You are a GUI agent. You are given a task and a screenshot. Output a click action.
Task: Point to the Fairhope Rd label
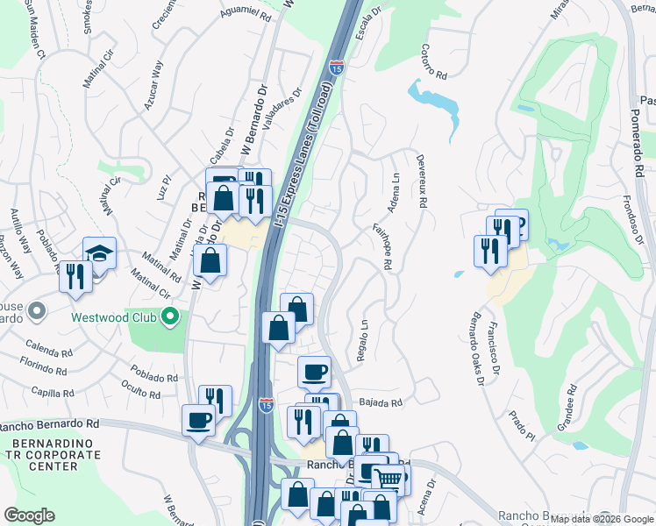[381, 245]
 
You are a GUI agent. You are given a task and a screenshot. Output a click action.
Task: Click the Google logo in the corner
[29, 515]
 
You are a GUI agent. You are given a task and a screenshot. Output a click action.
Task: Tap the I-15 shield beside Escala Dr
[336, 67]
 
